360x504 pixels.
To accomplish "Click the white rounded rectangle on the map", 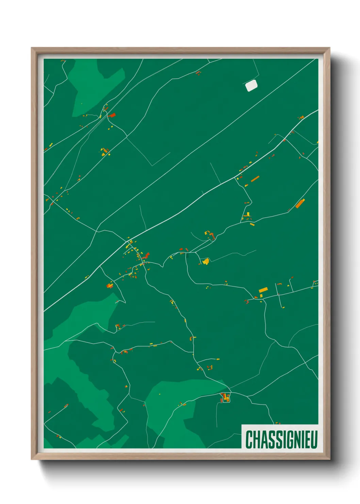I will click(251, 85).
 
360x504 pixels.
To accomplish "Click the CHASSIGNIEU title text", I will click(281, 439).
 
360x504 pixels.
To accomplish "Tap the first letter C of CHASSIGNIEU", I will click(249, 439).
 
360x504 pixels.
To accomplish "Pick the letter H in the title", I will click(256, 439).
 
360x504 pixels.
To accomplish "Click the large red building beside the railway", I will click(112, 115).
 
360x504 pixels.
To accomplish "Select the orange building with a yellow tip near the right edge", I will click(300, 203).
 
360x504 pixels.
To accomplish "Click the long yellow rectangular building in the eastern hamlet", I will click(263, 290).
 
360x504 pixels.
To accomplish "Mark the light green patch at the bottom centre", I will click(177, 409).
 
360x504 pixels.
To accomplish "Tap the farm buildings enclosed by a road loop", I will click(225, 397).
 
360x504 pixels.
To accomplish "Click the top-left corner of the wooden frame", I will click(32, 49).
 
